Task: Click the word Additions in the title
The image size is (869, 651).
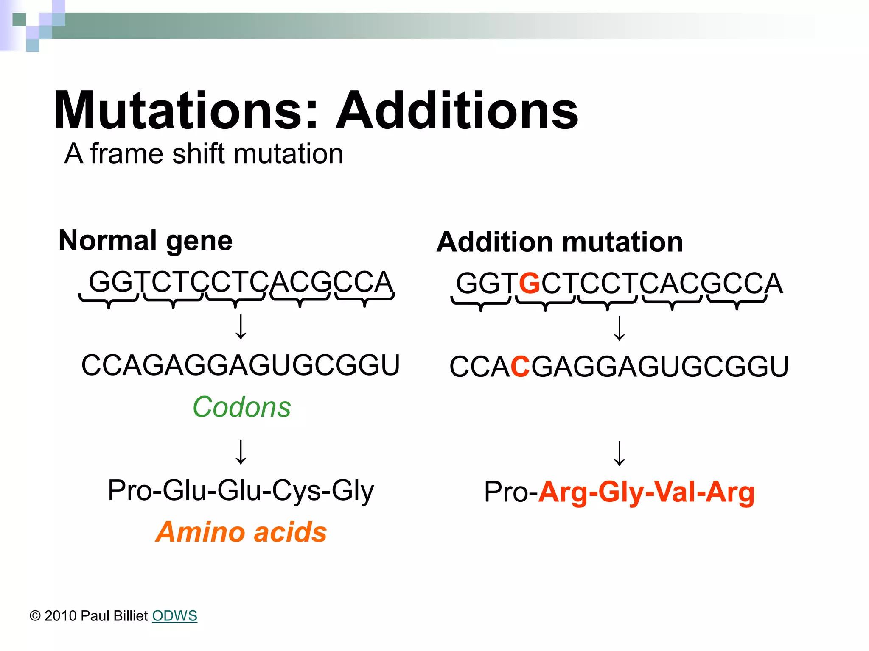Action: click(457, 111)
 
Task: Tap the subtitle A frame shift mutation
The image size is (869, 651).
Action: click(204, 153)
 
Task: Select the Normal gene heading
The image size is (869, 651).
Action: click(146, 241)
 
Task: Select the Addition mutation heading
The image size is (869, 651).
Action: click(560, 242)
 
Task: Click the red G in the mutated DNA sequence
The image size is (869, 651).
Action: click(529, 284)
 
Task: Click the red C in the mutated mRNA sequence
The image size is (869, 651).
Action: click(520, 367)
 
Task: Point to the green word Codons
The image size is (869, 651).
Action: click(241, 407)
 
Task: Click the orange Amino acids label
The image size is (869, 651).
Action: click(241, 532)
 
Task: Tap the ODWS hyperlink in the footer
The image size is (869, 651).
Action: click(174, 616)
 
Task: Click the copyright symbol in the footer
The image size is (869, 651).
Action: click(35, 616)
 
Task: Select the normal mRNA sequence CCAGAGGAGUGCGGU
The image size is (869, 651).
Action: click(241, 365)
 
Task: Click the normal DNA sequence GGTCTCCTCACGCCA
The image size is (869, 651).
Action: click(241, 282)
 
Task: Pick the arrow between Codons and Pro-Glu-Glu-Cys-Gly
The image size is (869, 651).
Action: click(241, 452)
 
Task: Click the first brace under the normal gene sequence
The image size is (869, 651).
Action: click(109, 301)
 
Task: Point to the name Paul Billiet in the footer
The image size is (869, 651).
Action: click(114, 616)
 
